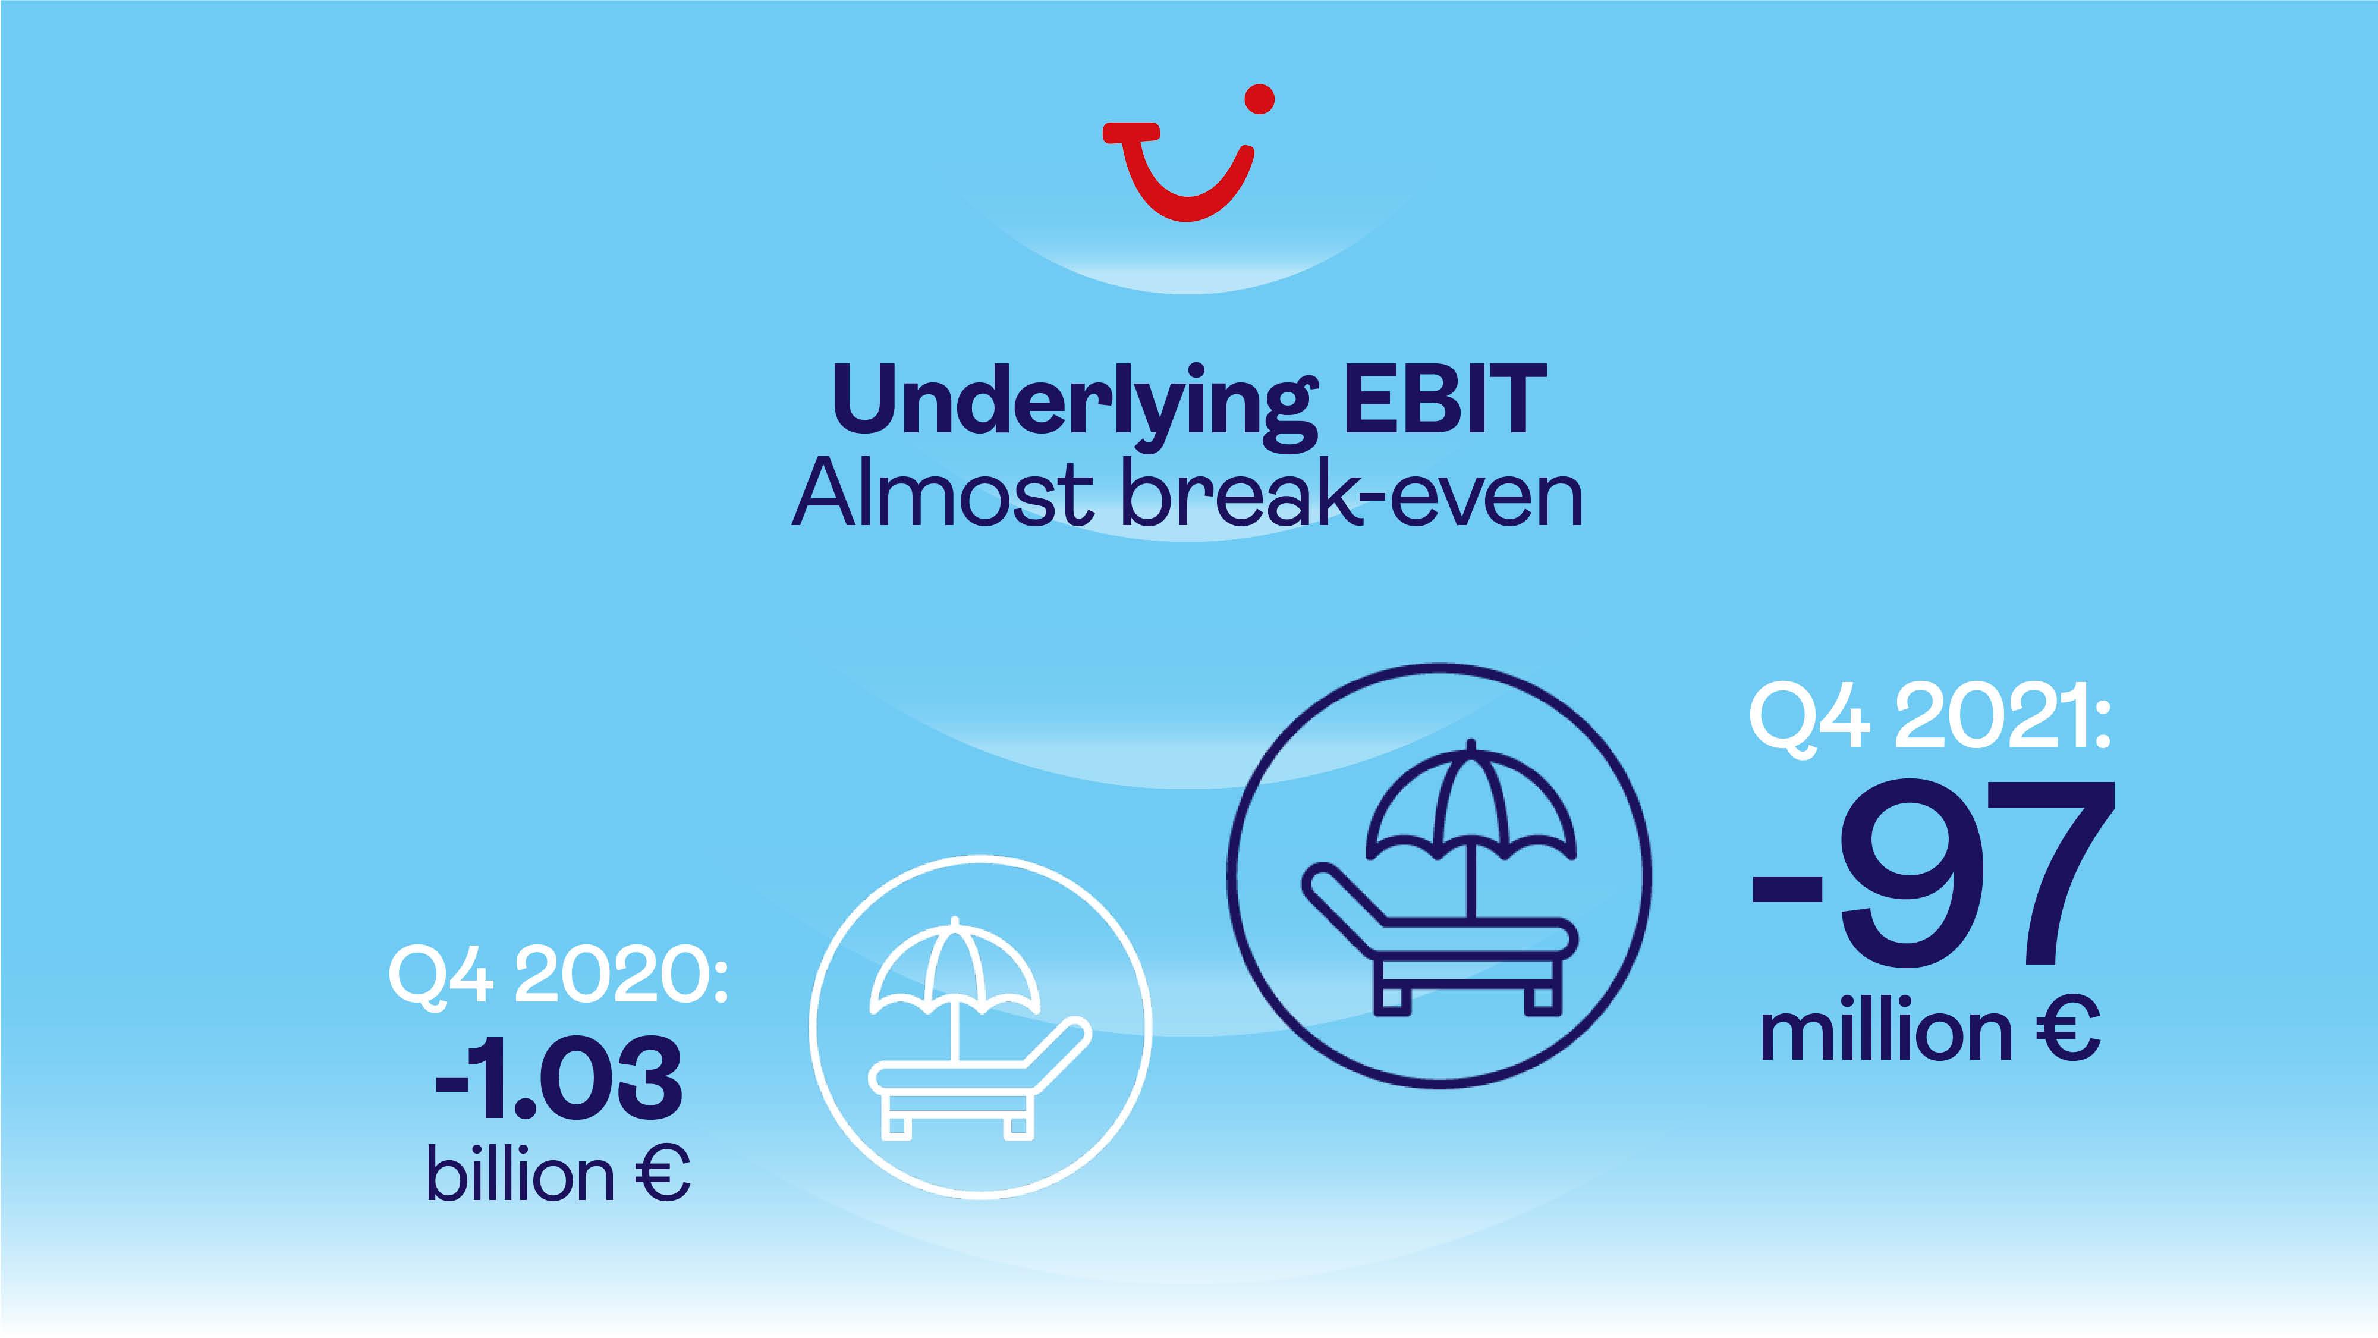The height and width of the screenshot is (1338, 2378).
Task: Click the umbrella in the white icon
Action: coord(955,969)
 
